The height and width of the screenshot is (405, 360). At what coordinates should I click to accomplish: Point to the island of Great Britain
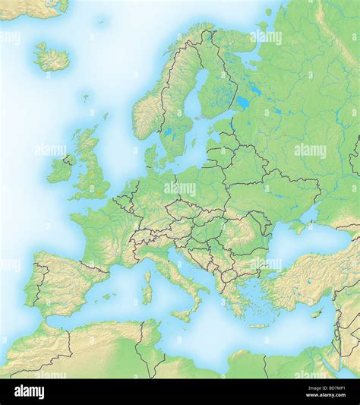(92, 171)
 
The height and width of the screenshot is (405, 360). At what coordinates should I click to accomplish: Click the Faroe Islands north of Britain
(85, 97)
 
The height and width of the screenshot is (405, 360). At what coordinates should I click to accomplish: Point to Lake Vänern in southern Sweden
(168, 131)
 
